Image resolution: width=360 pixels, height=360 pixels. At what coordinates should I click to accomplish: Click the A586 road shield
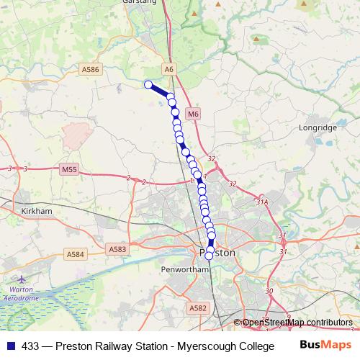[x=91, y=69]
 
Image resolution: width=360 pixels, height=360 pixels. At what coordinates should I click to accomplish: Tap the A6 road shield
[x=169, y=69]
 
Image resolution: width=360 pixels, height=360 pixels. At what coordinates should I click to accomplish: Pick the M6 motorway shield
[x=192, y=114]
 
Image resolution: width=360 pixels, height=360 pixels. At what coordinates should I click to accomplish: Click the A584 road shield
[x=75, y=254]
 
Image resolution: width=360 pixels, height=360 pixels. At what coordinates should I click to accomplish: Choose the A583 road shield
[x=118, y=248]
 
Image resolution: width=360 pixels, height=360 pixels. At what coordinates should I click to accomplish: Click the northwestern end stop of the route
[x=149, y=85]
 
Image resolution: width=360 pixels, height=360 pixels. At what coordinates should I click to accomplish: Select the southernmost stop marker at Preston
[x=209, y=256]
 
